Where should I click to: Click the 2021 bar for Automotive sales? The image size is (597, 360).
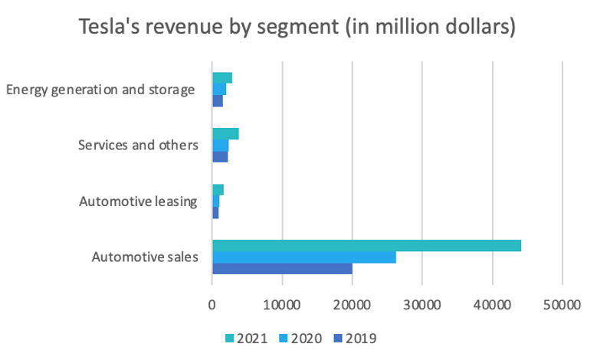coord(366,245)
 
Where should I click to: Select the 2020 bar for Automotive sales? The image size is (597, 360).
coord(304,257)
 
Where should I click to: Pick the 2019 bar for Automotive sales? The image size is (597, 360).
coord(282,268)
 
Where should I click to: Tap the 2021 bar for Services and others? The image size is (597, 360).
coord(225,134)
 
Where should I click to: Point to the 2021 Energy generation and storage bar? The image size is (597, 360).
coord(222,78)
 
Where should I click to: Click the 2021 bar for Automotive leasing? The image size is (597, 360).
coord(218,189)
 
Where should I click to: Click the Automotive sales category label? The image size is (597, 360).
coord(144,257)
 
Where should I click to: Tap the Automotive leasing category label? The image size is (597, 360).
coord(138,201)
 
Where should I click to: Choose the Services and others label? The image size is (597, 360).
coord(139,145)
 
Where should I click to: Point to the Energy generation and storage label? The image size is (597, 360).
coord(100,90)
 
